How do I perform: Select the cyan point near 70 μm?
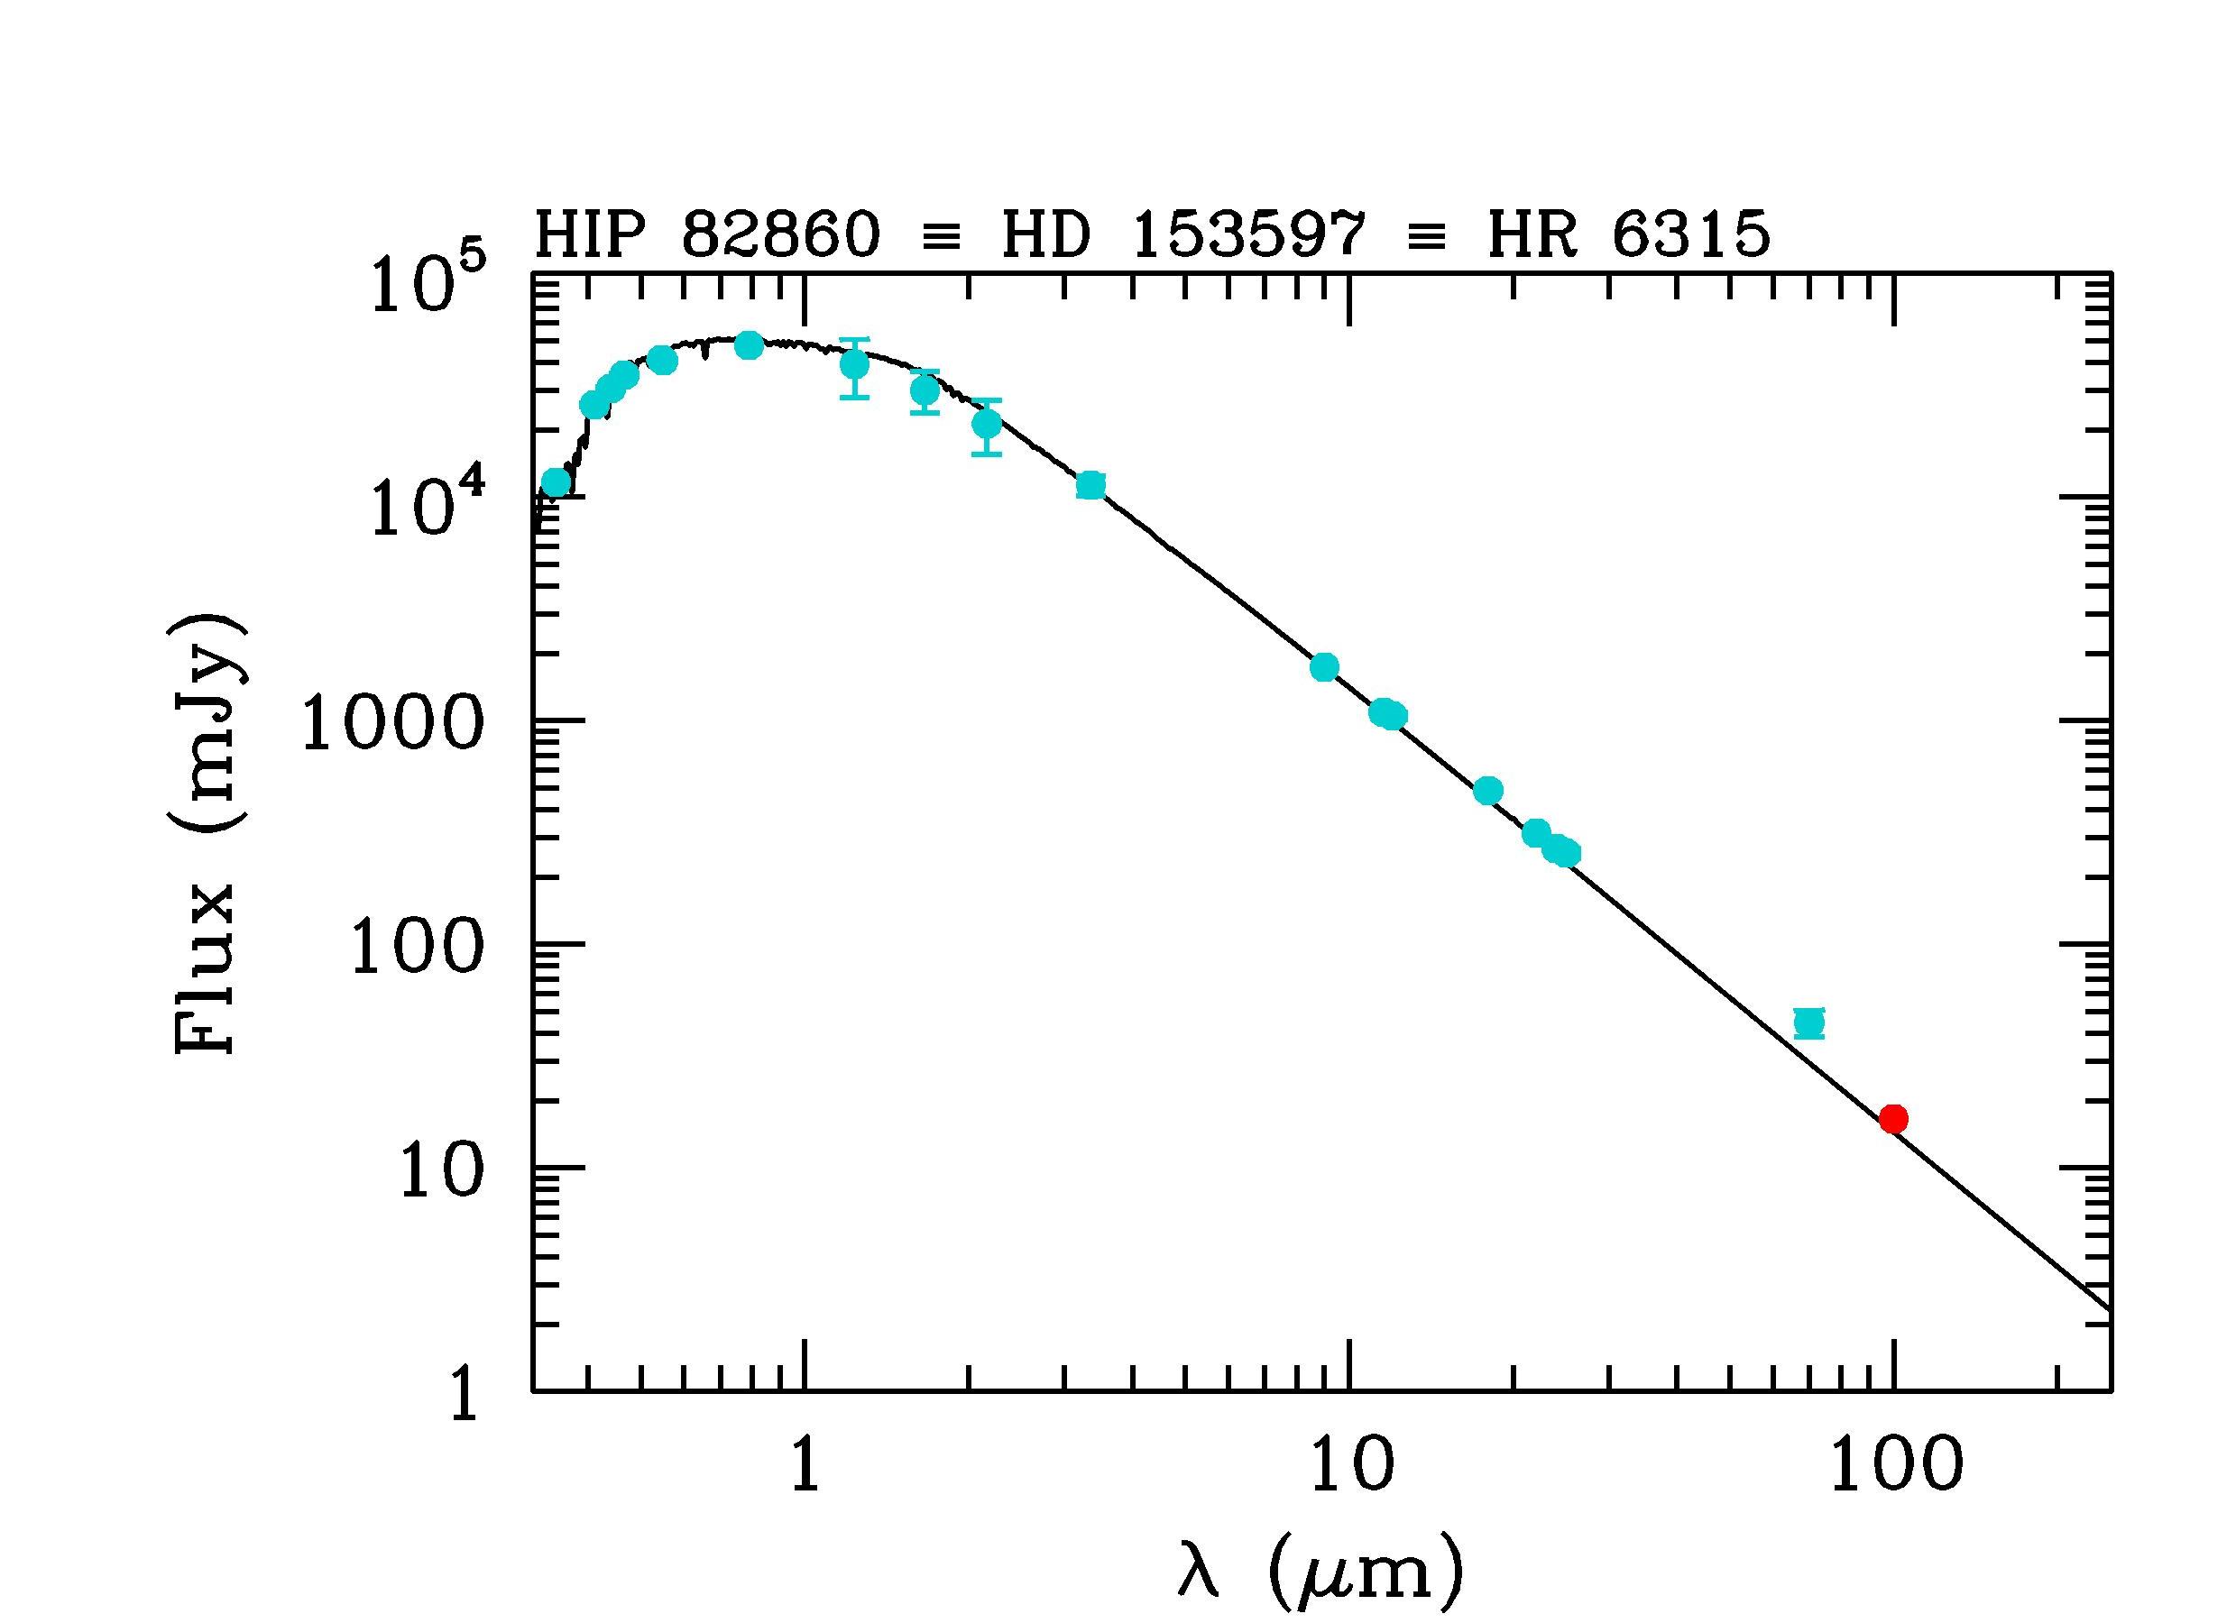1809,1022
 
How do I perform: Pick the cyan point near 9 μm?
1324,667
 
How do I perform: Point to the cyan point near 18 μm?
1487,791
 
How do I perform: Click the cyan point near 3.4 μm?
1090,485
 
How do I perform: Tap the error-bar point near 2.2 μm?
987,425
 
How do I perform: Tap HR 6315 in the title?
1630,236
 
